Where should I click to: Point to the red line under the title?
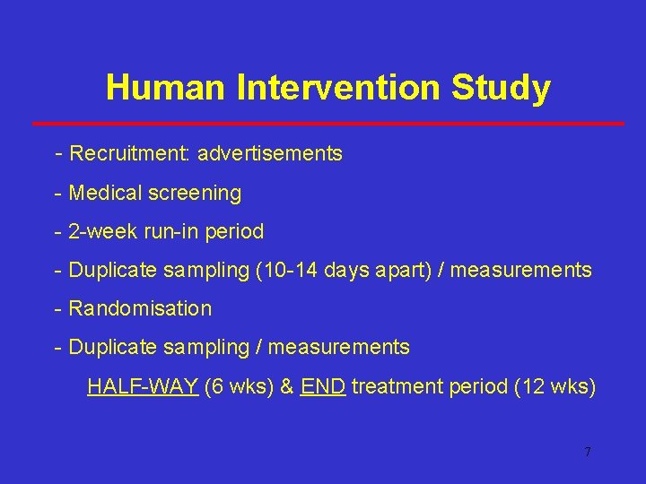pos(327,123)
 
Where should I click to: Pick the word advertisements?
pos(270,154)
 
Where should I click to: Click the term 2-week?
pos(102,231)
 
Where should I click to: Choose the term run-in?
pos(171,231)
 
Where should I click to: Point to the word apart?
pos(399,270)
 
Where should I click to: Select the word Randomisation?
pos(140,308)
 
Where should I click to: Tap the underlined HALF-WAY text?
pos(143,386)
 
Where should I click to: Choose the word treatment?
pos(393,386)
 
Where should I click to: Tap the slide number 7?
pos(587,452)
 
